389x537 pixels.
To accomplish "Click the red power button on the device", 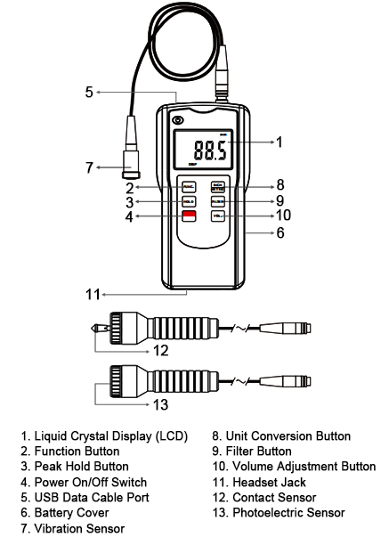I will (189, 216).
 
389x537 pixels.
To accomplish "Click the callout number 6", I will (281, 232).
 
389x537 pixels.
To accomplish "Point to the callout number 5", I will (89, 92).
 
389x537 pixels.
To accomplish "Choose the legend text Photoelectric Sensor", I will (288, 512).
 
